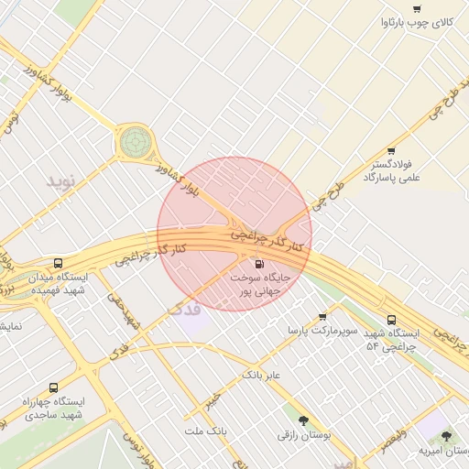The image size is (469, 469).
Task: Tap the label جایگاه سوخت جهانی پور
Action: click(x=259, y=282)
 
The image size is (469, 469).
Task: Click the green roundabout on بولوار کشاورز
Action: click(x=136, y=141)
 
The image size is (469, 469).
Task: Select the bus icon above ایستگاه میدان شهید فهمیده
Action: click(x=59, y=263)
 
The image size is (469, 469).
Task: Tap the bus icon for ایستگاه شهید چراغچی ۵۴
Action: click(x=392, y=321)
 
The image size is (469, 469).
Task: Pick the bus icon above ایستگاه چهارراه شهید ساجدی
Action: click(x=53, y=388)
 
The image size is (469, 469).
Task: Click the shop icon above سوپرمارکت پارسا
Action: click(x=322, y=317)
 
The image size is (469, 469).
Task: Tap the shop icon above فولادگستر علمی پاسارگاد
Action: click(x=391, y=151)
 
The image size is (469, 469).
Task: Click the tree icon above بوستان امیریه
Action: click(x=447, y=437)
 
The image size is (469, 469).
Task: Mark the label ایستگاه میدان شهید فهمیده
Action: click(x=59, y=283)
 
